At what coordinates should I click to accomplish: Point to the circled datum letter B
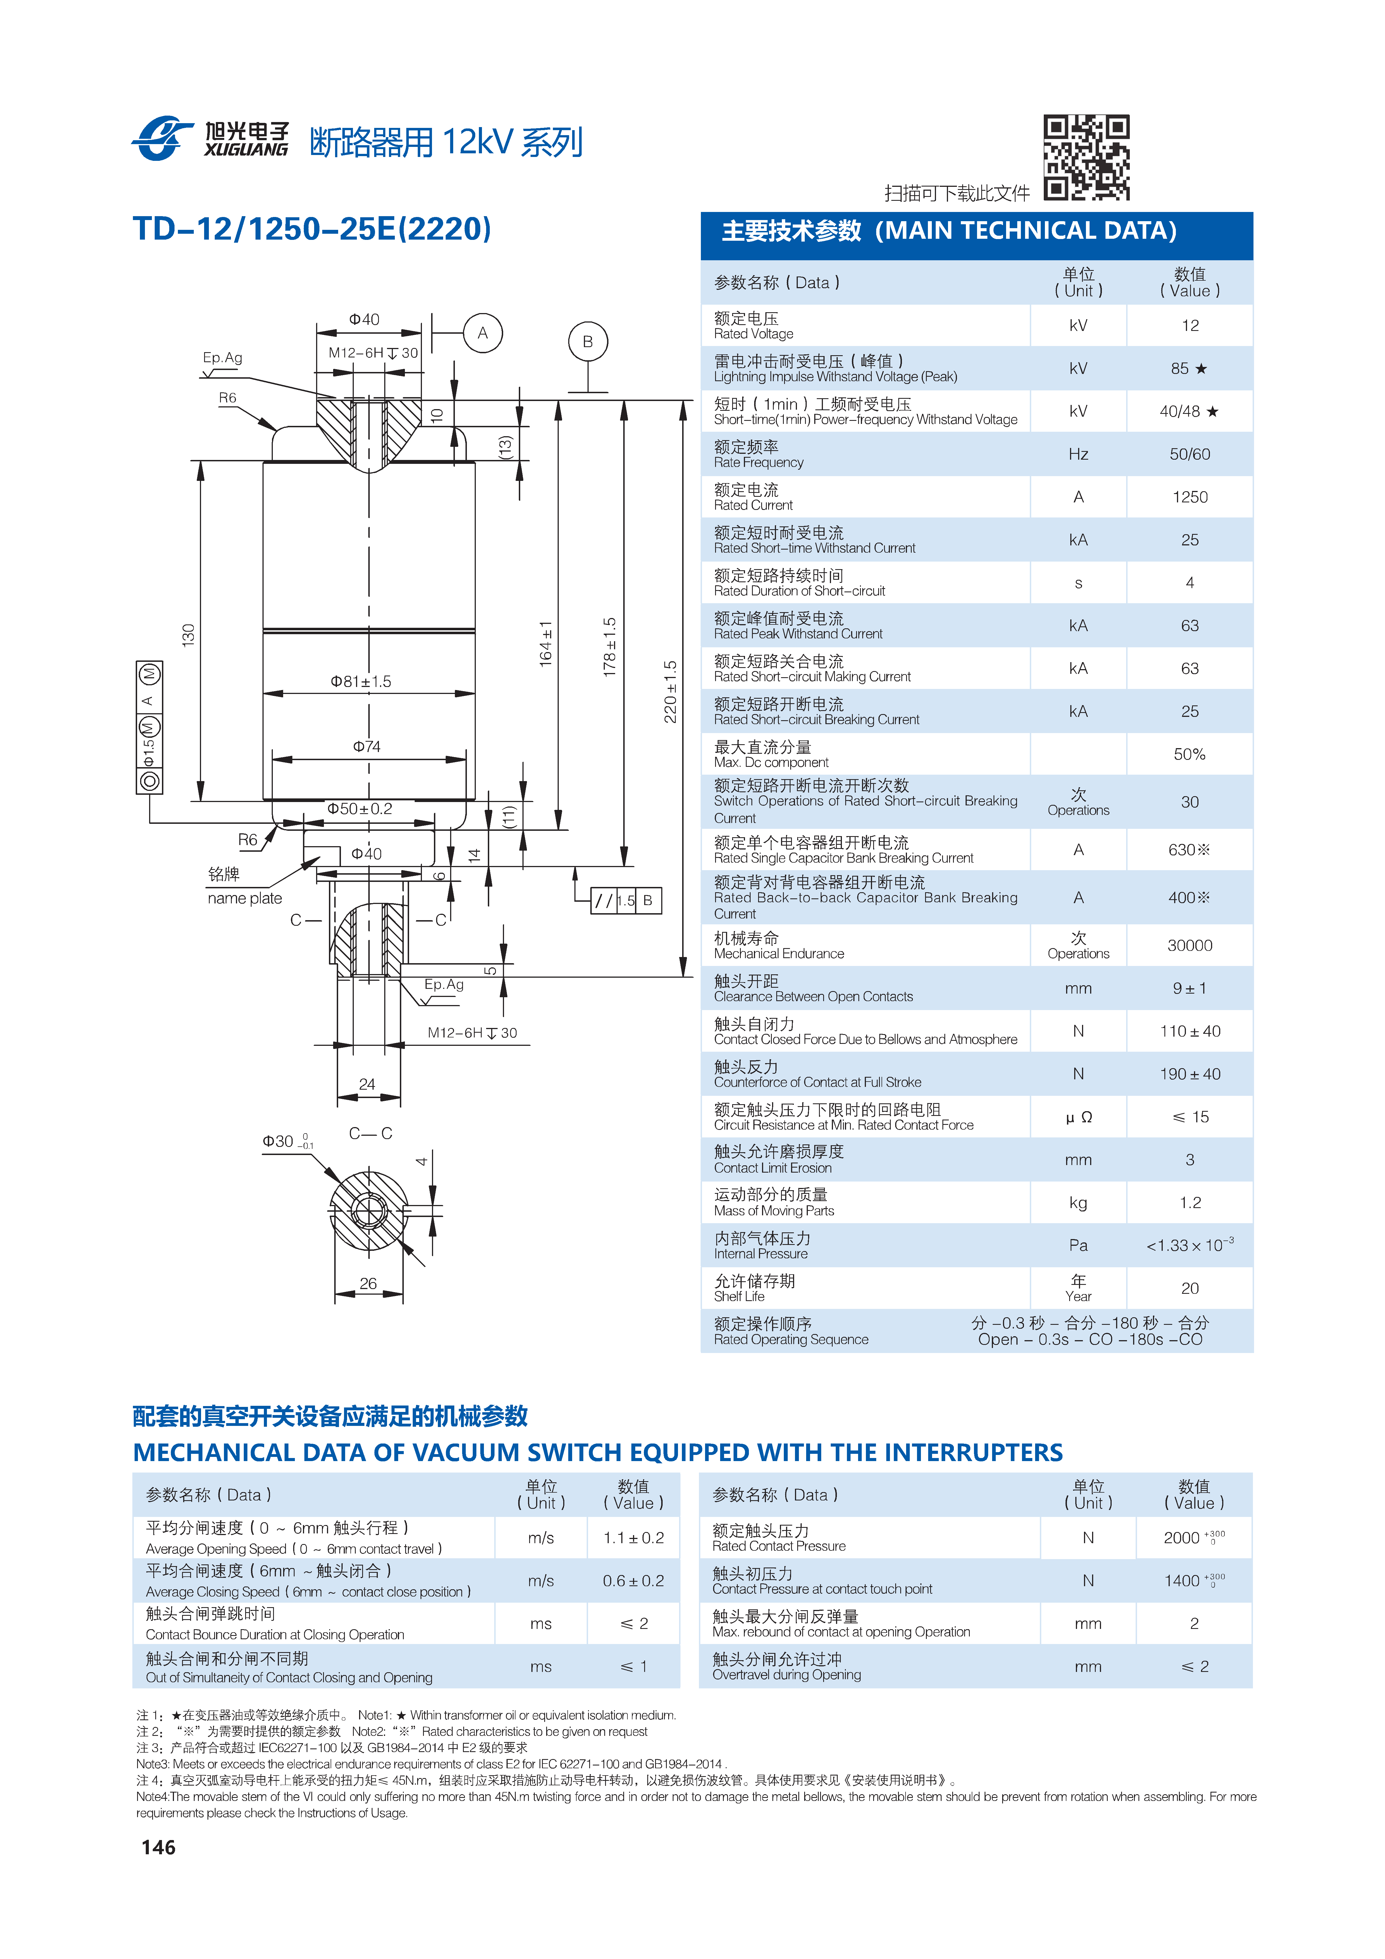tap(587, 341)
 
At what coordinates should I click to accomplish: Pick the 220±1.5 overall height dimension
tap(671, 691)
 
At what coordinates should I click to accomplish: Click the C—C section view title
tap(370, 1133)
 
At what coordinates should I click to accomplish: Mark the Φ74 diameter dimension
tap(367, 746)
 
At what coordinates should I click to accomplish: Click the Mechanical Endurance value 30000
tap(1190, 945)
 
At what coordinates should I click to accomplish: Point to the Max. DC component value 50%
tap(1190, 754)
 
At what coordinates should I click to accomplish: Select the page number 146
tap(159, 1847)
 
